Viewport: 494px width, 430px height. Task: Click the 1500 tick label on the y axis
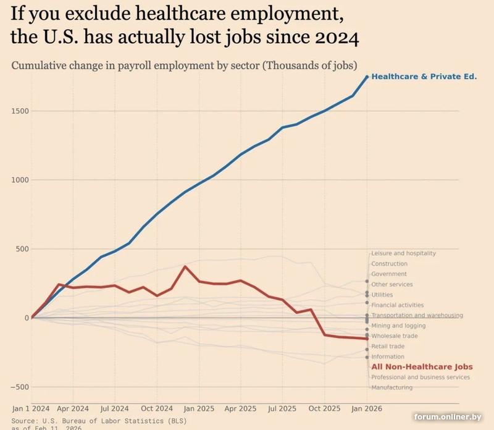[19, 111]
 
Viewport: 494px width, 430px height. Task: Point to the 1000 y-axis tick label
[19, 180]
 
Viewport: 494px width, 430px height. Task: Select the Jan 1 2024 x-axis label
[31, 408]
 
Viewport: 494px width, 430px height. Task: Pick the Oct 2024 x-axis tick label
[156, 408]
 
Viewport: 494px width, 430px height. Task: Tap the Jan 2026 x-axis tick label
[366, 408]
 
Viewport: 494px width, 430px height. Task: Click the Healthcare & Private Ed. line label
[424, 77]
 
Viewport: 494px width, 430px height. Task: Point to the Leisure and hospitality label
[403, 253]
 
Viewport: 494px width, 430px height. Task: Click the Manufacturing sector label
[391, 387]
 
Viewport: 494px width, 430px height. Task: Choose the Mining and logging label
[398, 326]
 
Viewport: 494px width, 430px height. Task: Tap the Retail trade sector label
[388, 347]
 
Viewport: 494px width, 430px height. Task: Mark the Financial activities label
[397, 305]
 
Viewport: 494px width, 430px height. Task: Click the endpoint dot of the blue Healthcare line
[367, 77]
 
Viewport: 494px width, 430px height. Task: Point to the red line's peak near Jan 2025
[185, 266]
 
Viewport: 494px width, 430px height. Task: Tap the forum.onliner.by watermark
[447, 418]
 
